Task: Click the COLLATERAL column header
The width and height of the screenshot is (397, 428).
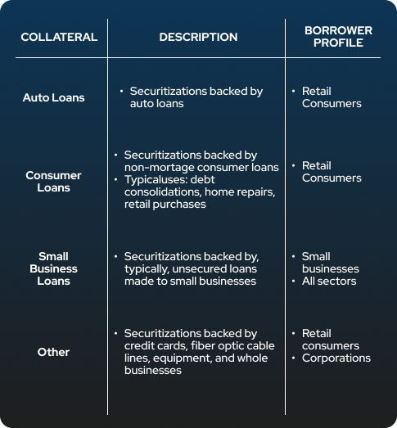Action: click(x=59, y=37)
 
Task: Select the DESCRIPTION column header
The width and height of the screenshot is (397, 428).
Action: click(x=198, y=37)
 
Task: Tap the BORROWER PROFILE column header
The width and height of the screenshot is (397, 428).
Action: click(x=338, y=37)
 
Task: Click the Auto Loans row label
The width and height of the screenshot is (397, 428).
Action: click(x=53, y=97)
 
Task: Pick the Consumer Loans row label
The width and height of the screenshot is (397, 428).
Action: click(x=53, y=182)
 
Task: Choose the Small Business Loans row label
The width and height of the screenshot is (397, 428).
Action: click(x=53, y=268)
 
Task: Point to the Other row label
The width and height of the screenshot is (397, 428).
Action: click(x=53, y=352)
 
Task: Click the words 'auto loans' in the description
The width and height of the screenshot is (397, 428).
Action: click(x=156, y=103)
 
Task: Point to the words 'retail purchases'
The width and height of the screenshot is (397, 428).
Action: click(x=165, y=204)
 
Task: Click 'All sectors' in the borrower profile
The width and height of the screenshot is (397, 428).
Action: click(x=329, y=281)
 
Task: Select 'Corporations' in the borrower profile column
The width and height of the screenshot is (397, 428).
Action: click(x=336, y=358)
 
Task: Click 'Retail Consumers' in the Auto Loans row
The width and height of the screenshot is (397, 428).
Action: click(x=332, y=97)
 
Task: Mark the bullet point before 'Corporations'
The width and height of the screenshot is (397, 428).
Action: click(x=294, y=358)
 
